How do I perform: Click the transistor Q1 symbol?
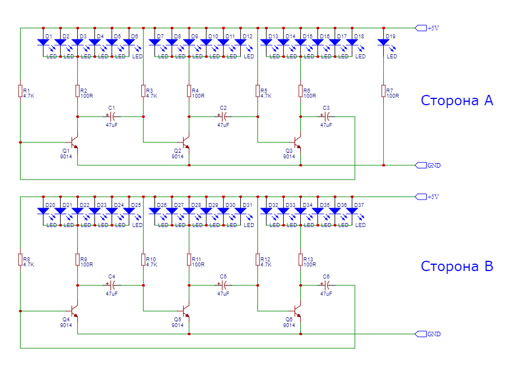pos(74,142)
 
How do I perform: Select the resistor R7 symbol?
pos(383,91)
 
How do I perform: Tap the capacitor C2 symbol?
pos(224,116)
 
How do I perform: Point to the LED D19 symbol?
pos(383,42)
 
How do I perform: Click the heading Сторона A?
pos(457,101)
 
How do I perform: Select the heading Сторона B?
pos(457,266)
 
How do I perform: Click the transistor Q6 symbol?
pos(297,311)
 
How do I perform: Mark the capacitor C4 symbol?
pos(112,285)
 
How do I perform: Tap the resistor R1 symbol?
pos(20,91)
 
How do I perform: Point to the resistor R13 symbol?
pos(300,260)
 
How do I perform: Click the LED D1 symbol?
pos(43,42)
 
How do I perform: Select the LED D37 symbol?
pos(352,211)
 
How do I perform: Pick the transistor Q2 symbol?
pos(185,142)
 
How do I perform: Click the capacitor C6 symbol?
pos(326,285)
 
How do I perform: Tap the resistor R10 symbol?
pos(143,260)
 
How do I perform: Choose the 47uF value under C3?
pos(326,125)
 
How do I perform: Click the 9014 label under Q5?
pos(177,325)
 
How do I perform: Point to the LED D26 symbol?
pos(155,211)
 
